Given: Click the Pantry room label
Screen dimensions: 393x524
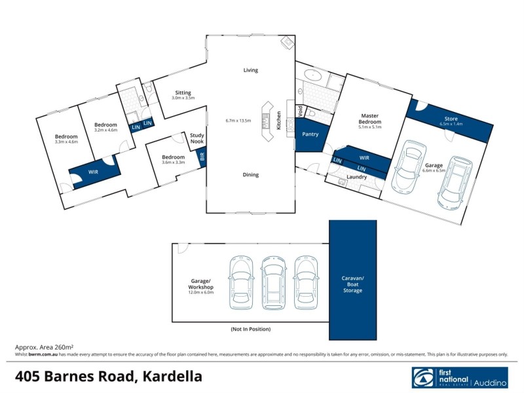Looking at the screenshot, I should click(x=310, y=135).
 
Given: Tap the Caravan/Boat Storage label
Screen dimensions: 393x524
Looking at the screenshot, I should click(x=353, y=284).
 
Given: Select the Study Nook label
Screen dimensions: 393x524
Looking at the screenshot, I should click(x=197, y=138).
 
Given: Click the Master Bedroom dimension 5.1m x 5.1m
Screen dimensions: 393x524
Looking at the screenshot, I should click(x=370, y=128).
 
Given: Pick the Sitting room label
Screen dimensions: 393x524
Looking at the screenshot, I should click(x=183, y=92).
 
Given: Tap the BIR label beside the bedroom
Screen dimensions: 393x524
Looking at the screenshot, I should click(x=202, y=157).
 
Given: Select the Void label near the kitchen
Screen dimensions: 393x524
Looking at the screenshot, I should click(x=301, y=112).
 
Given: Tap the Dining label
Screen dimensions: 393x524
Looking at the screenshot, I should click(x=251, y=175).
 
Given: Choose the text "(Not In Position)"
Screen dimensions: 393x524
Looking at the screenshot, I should click(x=250, y=329).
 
